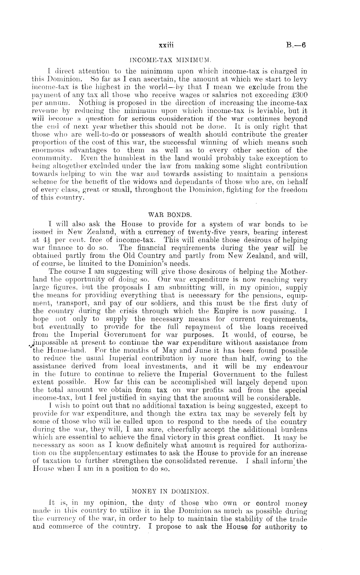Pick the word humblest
tap(109, 158)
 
